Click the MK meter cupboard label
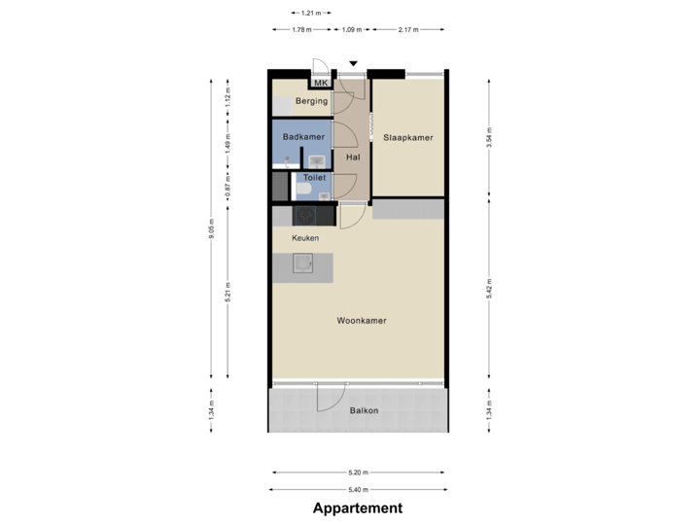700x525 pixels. tap(320, 84)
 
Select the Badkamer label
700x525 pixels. tap(303, 137)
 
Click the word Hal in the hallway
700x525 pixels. tap(353, 157)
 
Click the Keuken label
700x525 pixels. tap(304, 238)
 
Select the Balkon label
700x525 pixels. tap(364, 410)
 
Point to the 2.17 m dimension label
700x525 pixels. tap(408, 30)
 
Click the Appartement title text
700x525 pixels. tap(358, 508)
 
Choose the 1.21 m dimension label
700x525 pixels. tap(310, 13)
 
